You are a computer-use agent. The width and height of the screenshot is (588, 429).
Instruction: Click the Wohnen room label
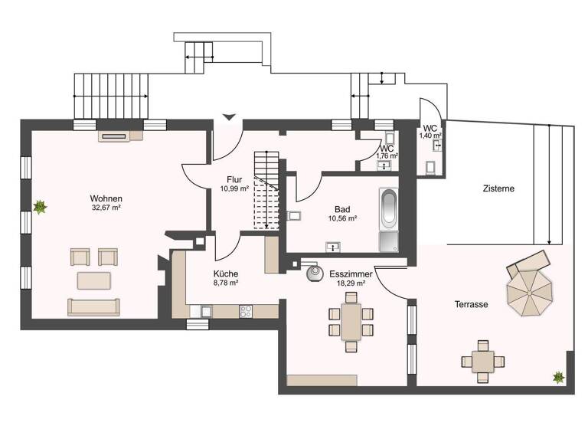click(x=106, y=198)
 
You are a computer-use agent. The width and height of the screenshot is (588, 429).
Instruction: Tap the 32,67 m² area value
click(x=106, y=207)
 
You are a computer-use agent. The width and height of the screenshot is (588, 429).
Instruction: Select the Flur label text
click(x=234, y=179)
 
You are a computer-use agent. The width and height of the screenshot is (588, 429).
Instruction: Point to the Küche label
click(x=225, y=273)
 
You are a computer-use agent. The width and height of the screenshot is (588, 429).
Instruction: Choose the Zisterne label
click(x=498, y=188)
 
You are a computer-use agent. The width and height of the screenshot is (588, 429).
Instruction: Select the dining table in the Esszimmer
click(x=351, y=322)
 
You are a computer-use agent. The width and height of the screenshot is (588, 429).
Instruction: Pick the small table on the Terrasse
click(x=482, y=359)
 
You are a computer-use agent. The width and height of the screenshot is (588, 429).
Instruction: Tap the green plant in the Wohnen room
click(x=39, y=206)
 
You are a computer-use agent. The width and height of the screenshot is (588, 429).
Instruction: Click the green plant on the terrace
click(x=558, y=377)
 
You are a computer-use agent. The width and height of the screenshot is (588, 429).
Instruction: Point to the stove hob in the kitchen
click(x=247, y=311)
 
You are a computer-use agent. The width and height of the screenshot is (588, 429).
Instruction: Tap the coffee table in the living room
click(x=93, y=281)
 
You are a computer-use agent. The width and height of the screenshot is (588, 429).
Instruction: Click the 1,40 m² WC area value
click(x=430, y=136)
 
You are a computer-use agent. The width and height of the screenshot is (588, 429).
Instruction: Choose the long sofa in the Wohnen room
click(x=93, y=307)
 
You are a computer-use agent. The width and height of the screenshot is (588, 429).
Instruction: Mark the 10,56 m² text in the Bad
click(x=342, y=218)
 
